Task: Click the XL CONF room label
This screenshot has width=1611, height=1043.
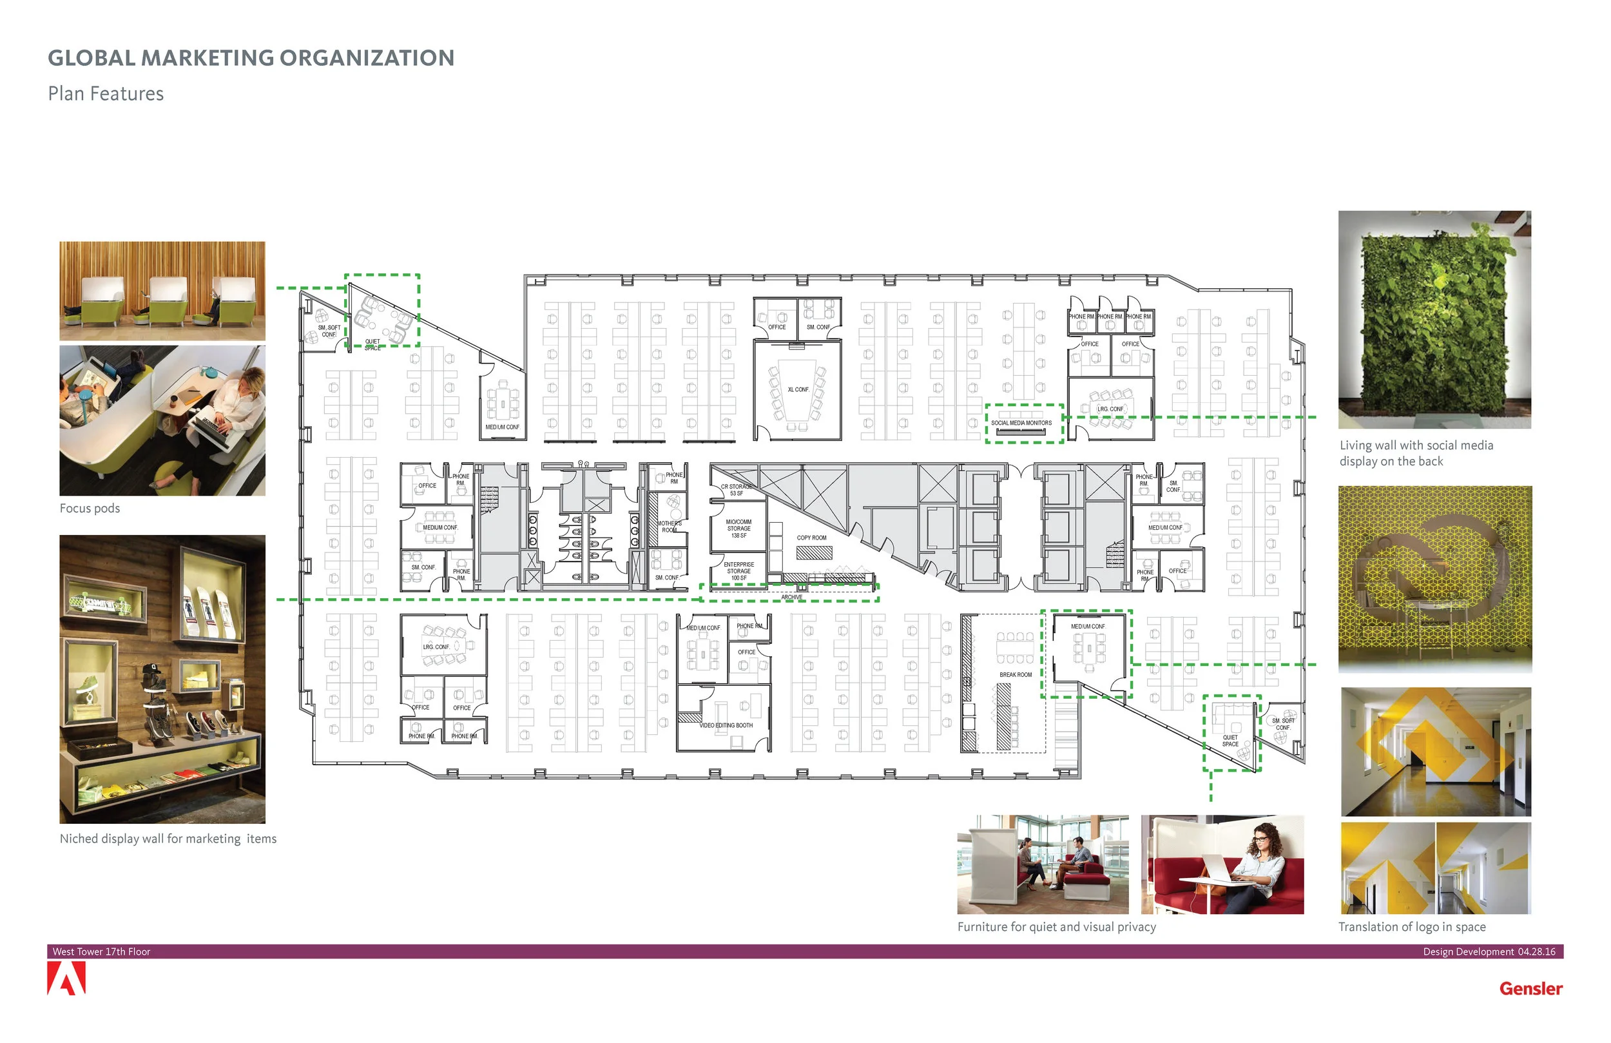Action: click(798, 389)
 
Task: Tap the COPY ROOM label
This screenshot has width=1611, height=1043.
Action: click(811, 538)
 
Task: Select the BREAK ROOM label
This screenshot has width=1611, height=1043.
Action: click(1016, 674)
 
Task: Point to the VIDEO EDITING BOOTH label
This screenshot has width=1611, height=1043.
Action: click(726, 725)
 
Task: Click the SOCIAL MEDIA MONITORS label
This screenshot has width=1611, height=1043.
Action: click(1021, 423)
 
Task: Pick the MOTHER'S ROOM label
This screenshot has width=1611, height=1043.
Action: click(670, 526)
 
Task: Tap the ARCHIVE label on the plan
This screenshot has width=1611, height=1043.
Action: click(791, 598)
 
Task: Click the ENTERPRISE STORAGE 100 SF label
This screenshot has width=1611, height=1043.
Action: click(738, 571)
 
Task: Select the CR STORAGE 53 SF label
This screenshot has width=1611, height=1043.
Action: click(736, 490)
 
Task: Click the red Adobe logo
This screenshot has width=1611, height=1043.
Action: click(66, 979)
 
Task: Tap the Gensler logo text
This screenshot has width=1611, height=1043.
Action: click(1530, 989)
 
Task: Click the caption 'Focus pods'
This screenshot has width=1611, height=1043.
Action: click(90, 508)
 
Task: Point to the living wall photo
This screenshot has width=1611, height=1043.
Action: click(1434, 319)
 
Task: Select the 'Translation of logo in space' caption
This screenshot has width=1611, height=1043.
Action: click(1411, 926)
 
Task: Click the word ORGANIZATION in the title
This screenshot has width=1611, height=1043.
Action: click(366, 58)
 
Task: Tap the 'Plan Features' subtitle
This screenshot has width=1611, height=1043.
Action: click(106, 93)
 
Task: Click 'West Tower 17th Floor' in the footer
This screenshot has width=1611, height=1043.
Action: click(102, 951)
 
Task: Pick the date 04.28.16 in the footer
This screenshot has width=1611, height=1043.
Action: click(1536, 951)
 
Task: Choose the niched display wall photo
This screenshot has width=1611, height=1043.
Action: click(162, 679)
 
